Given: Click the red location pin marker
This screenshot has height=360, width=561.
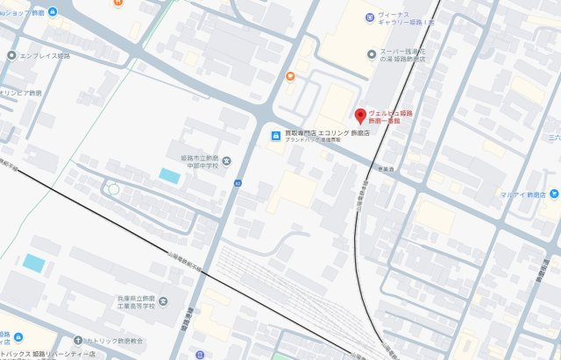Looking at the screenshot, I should click(x=359, y=116).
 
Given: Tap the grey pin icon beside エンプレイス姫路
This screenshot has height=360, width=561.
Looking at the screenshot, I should click(x=11, y=55).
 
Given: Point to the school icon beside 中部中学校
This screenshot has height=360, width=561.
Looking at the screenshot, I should click(x=227, y=160).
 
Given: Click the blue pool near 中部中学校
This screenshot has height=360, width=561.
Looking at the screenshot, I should click(x=169, y=176).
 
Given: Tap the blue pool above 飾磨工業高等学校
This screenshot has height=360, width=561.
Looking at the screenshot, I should click(x=34, y=263).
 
